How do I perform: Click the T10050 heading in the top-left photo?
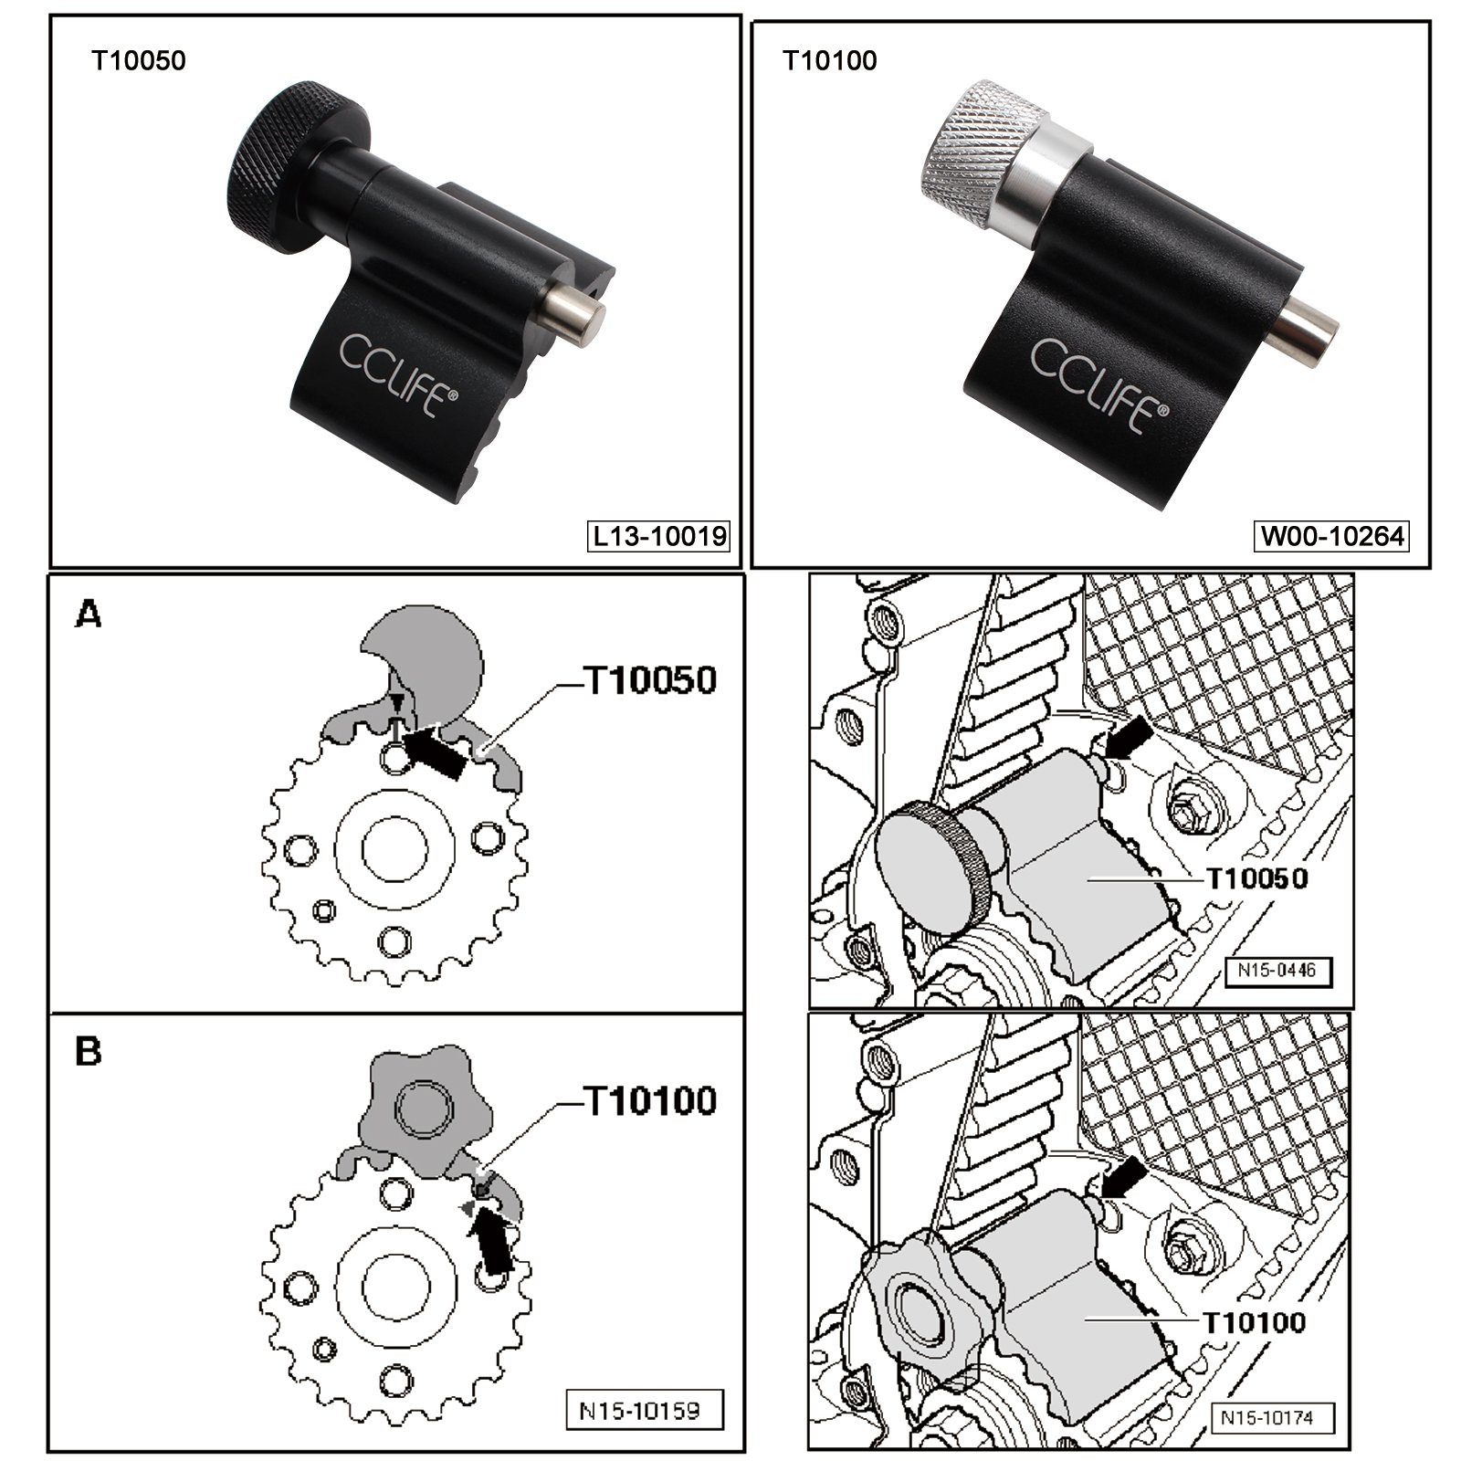point(138,61)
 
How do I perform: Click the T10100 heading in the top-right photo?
point(829,61)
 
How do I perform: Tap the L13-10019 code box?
point(659,536)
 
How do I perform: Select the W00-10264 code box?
point(1332,536)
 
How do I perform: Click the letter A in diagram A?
point(89,615)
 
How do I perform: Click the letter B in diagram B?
point(89,1051)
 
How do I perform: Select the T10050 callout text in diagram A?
point(650,680)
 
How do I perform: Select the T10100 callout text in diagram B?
point(650,1101)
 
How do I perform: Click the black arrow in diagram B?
point(491,1244)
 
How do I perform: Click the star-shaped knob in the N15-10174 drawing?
point(922,1306)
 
